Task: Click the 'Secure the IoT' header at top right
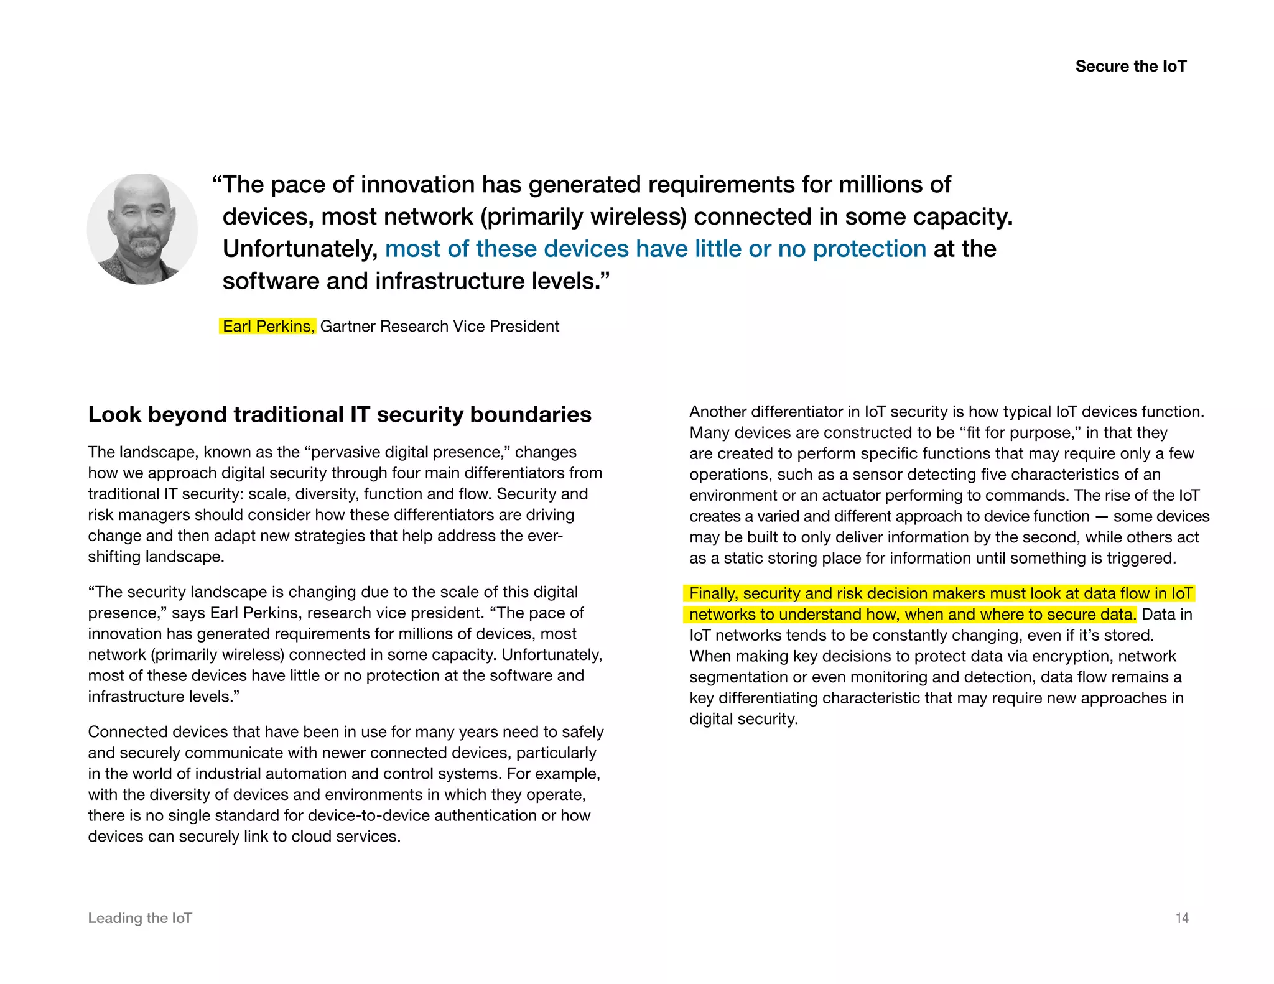pyautogui.click(x=1130, y=67)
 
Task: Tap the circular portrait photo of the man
pyautogui.click(x=142, y=229)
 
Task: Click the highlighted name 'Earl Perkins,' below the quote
pyautogui.click(x=268, y=326)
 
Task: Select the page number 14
pyautogui.click(x=1182, y=918)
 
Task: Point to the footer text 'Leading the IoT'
pyautogui.click(x=140, y=918)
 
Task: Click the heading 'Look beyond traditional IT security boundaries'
pyautogui.click(x=340, y=414)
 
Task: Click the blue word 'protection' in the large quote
pyautogui.click(x=869, y=249)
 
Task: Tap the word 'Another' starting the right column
pyautogui.click(x=717, y=412)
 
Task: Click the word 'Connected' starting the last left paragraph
pyautogui.click(x=126, y=732)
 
